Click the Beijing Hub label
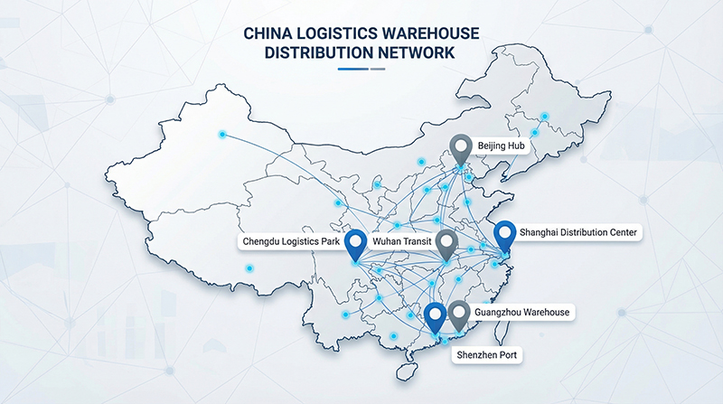click(501, 146)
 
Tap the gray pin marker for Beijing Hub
click(461, 148)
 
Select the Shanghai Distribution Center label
click(577, 232)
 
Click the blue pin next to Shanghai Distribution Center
click(505, 235)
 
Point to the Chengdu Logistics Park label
click(291, 241)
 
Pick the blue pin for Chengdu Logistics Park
click(355, 244)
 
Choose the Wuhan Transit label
click(402, 241)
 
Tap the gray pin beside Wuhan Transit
click(446, 244)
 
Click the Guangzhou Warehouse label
click(522, 312)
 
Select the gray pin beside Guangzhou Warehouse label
click(459, 315)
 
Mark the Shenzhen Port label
click(487, 355)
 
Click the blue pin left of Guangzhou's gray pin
click(436, 317)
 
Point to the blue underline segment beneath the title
click(353, 70)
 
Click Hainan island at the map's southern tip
click(406, 371)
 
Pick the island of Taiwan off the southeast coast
click(502, 327)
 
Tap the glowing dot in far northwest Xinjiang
click(222, 135)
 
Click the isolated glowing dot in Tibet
click(249, 268)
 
